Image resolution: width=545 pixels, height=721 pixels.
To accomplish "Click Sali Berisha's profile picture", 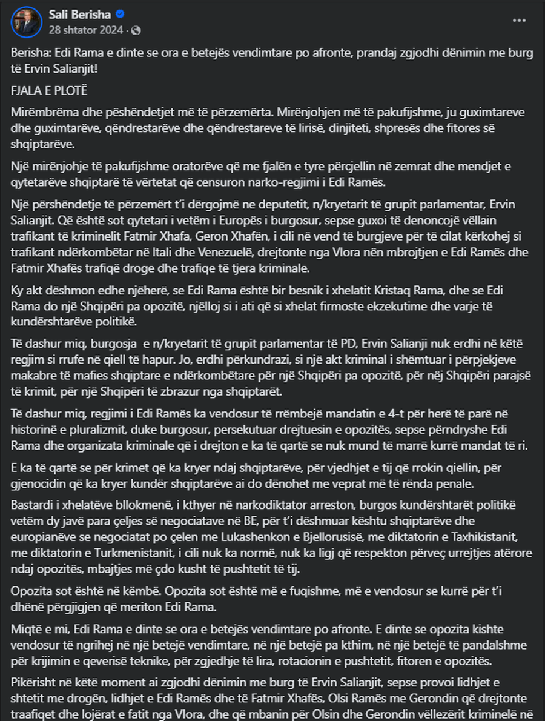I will (x=25, y=22).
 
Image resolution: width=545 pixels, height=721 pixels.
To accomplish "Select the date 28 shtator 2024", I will (x=86, y=29).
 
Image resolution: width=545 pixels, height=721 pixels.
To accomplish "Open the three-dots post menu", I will (x=519, y=20).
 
